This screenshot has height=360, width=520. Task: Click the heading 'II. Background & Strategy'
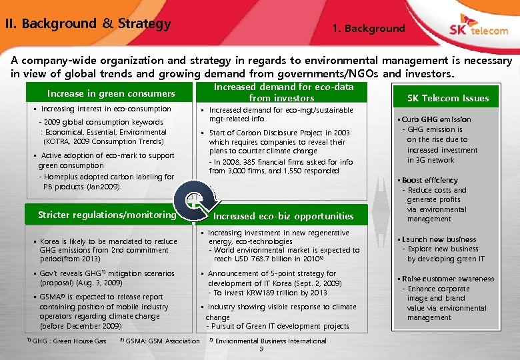(87, 24)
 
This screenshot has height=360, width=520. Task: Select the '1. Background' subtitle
(369, 29)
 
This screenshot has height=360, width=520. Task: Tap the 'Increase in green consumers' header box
(111, 94)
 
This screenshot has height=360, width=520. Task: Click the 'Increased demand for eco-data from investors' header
(283, 93)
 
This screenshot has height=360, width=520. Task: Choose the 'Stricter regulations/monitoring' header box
(107, 215)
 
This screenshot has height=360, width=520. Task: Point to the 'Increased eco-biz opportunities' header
(283, 216)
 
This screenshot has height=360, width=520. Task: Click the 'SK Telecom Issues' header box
(448, 98)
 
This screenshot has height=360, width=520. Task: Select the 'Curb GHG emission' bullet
(437, 119)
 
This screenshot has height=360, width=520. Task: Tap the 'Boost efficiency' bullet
(430, 180)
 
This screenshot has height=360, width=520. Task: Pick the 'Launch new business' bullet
(439, 239)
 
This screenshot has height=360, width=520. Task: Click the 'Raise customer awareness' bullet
(448, 279)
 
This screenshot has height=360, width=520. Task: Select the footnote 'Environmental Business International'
(271, 341)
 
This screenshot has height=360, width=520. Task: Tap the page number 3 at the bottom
(261, 350)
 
